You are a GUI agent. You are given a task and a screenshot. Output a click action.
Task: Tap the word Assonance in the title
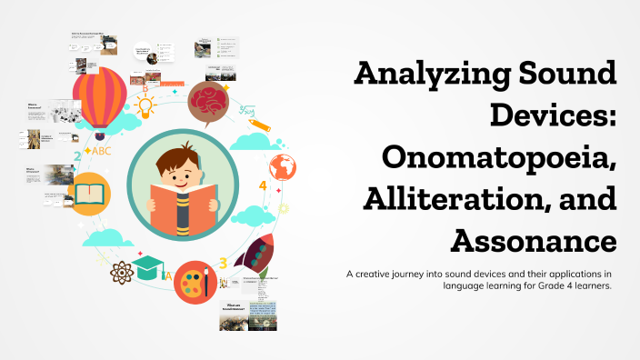tap(533, 240)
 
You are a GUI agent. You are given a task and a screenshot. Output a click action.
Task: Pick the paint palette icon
tap(192, 281)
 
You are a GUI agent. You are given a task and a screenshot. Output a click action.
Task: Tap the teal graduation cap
tap(147, 266)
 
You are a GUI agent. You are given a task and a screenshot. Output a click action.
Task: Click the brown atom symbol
tap(121, 272)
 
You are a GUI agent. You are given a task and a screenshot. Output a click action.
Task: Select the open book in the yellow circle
tap(91, 194)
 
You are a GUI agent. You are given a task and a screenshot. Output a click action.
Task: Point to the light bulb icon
tap(146, 106)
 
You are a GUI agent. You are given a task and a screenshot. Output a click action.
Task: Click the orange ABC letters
tap(95, 151)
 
